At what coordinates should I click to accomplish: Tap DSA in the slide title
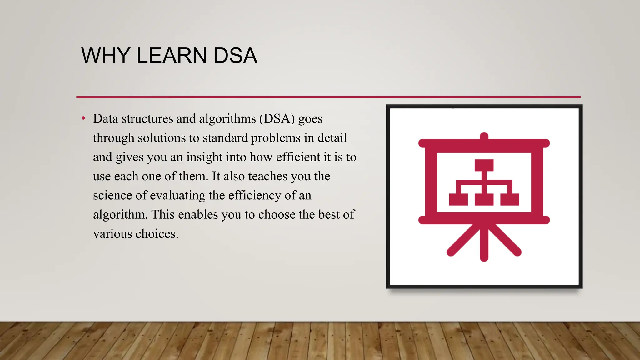[x=235, y=56]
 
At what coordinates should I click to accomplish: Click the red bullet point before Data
[x=83, y=118]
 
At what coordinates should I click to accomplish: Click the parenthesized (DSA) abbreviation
[x=277, y=119]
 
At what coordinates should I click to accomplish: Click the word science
[x=112, y=196]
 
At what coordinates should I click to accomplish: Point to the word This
[x=163, y=215]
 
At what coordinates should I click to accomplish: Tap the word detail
[x=332, y=138]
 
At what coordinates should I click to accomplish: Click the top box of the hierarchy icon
[x=484, y=165]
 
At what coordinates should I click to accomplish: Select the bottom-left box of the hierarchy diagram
[x=458, y=199]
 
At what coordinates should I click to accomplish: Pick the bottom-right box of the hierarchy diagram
[x=509, y=199]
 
